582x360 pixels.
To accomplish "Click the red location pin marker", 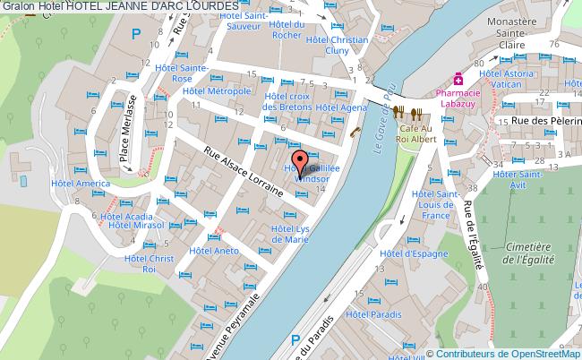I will [x=301, y=161].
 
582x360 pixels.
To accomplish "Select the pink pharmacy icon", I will [x=458, y=77].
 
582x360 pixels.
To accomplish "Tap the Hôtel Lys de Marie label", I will [x=290, y=235].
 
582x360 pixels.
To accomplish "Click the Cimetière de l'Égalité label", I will [x=527, y=252].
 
